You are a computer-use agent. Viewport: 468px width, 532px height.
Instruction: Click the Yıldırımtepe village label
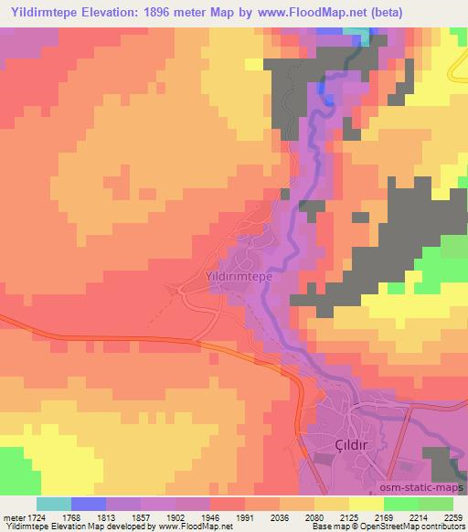coord(235,273)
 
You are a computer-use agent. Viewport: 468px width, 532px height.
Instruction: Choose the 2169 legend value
coord(411,516)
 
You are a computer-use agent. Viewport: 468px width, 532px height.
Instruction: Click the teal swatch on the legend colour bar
coord(53,504)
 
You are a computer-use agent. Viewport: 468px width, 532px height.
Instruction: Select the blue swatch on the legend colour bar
coord(88,504)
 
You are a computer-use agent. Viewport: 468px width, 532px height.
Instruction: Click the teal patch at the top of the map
coord(359,34)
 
